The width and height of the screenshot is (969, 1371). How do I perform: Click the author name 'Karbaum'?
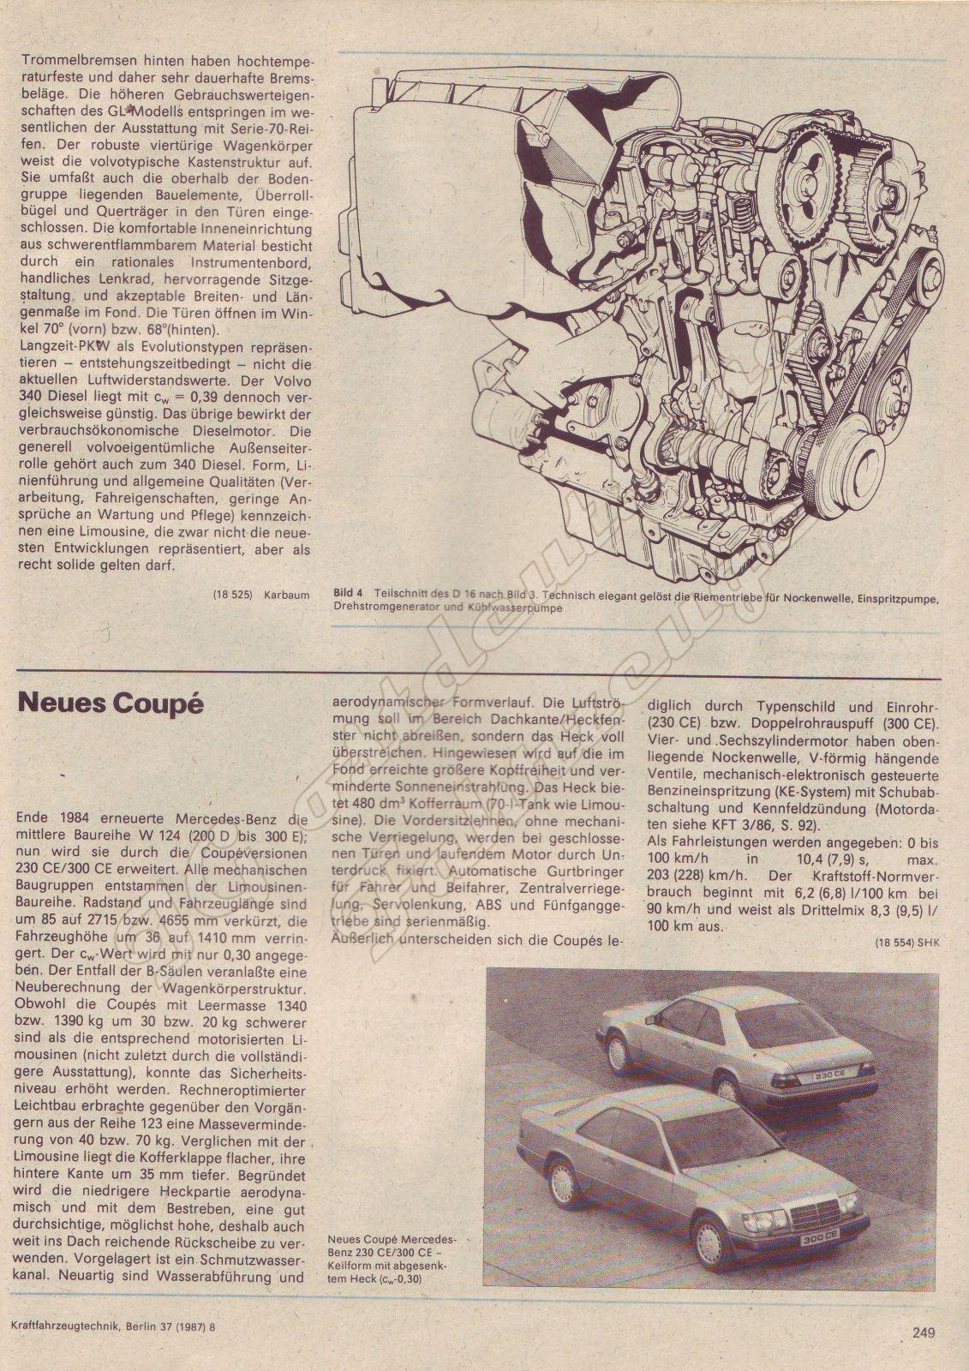tap(286, 595)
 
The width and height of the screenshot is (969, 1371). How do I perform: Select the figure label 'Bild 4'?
tap(348, 593)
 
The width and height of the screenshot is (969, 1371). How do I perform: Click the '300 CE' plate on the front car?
tap(818, 1240)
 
